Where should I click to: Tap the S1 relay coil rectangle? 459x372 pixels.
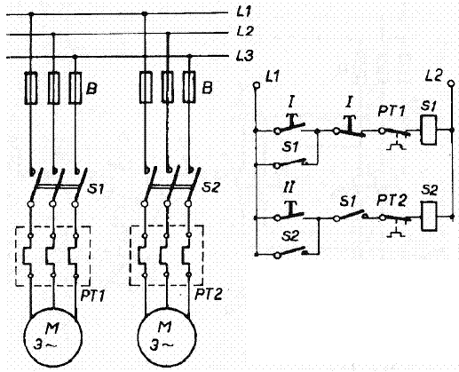point(429,130)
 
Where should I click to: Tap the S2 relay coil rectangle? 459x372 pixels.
point(429,217)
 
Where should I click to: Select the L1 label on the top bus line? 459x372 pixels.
point(244,12)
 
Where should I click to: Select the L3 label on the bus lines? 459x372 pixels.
point(245,56)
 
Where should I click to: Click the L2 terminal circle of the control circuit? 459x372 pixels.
point(451,83)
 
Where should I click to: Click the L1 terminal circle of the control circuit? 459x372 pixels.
point(257,85)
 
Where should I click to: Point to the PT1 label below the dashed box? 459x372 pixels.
point(92,296)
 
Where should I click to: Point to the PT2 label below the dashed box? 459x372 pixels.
point(208,294)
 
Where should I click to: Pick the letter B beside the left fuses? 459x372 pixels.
point(91,88)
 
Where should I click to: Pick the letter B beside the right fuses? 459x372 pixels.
point(207,88)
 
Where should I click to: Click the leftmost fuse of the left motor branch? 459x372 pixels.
point(30,88)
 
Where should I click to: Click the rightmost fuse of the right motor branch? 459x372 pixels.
point(189,87)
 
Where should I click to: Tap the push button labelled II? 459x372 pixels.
point(291,210)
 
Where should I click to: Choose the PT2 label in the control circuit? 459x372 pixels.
point(391,201)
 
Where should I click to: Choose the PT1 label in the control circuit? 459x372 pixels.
point(392,111)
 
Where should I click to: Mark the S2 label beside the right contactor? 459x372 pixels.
point(210,186)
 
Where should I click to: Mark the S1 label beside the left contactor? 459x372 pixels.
point(96,188)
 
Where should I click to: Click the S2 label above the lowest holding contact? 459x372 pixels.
point(290,236)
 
